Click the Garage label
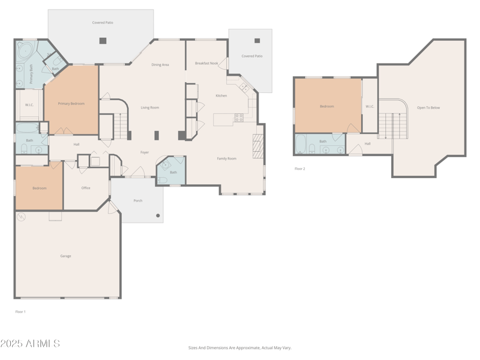pos(65,256)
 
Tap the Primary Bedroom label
pos(71,104)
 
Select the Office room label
pos(86,188)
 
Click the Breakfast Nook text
pos(206,63)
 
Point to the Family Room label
pos(226,158)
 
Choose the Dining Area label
pos(160,65)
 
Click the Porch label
pos(137,200)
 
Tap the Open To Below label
pos(428,108)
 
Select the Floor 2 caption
pos(299,169)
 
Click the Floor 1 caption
pos(20,311)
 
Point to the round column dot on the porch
pos(158,215)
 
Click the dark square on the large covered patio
pos(103,41)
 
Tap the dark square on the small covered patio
pos(257,41)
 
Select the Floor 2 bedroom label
pos(326,106)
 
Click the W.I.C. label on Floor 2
pos(370,107)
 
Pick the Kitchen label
pos(221,95)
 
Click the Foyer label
pos(145,152)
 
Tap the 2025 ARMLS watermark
pos(30,344)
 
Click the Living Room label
pos(149,107)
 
